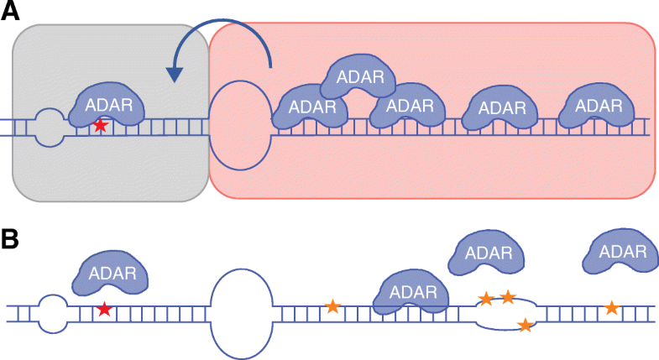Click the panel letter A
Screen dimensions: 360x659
click(13, 13)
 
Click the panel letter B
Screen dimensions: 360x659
click(13, 239)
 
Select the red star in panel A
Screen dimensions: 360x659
click(101, 126)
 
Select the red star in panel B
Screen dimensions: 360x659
click(103, 309)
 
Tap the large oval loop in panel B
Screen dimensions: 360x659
click(242, 311)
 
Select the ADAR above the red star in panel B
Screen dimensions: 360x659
click(112, 274)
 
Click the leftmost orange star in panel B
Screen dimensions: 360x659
click(332, 306)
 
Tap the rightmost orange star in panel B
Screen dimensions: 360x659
click(612, 308)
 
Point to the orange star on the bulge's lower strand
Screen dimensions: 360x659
click(525, 325)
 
